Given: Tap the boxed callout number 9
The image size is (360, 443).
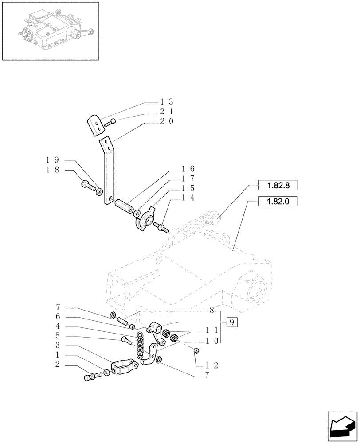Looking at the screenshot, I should click(232, 322).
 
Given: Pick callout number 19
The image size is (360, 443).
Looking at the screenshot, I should click(53, 160).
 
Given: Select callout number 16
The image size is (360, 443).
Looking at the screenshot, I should click(188, 169).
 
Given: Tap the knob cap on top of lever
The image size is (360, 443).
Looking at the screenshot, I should click(95, 124).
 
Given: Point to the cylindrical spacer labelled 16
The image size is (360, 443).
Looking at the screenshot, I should click(124, 206).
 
